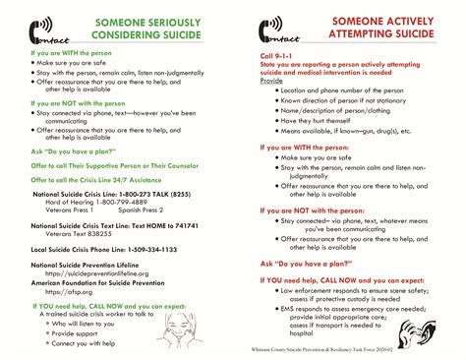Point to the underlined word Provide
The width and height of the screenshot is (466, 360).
(272, 80)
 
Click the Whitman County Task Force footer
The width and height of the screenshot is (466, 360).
(370, 348)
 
